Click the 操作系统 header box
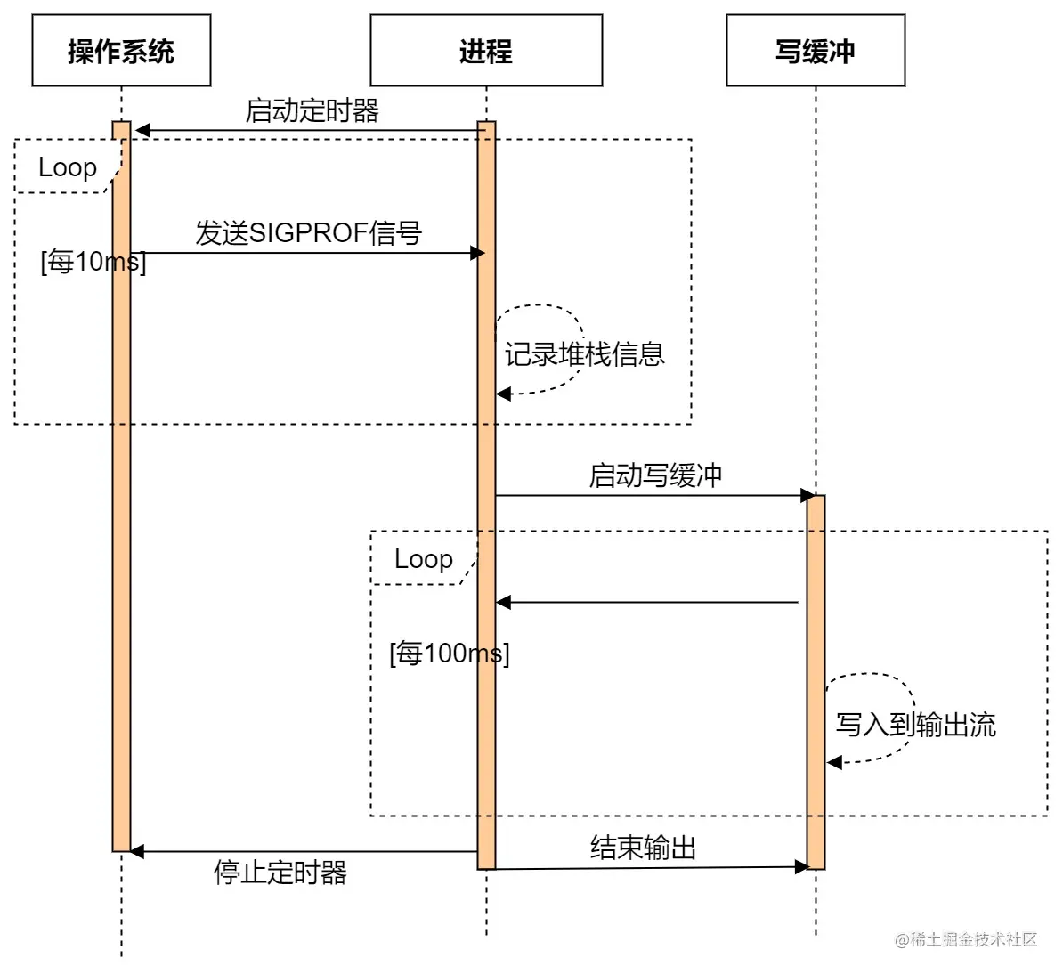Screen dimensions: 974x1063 (121, 51)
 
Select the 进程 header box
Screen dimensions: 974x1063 (486, 51)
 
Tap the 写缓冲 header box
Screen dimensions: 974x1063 (816, 51)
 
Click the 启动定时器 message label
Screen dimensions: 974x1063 (312, 111)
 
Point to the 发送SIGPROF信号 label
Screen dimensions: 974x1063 (308, 233)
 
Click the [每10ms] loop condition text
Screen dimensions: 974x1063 (93, 262)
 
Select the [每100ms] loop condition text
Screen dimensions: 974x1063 (449, 653)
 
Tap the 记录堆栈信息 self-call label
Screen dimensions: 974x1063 (584, 354)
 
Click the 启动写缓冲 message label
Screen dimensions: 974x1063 (655, 475)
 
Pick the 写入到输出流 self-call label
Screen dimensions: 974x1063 (915, 725)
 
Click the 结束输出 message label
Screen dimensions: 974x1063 (643, 848)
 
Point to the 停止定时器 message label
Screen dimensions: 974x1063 (280, 873)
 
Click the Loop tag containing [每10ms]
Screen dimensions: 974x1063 (68, 167)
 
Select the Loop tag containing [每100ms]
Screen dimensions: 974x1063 (424, 559)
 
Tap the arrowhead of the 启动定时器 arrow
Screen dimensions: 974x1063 (142, 131)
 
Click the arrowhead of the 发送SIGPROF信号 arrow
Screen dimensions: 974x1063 (477, 253)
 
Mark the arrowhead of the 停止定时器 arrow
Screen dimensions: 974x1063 (137, 852)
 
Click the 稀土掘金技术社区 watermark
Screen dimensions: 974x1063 (966, 940)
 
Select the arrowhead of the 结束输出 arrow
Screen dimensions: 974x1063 (801, 866)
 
